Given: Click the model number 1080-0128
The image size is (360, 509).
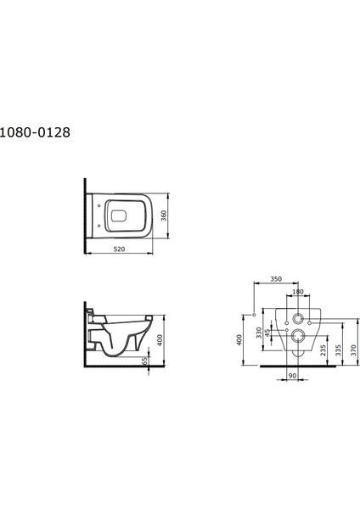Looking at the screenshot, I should pyautogui.click(x=35, y=132).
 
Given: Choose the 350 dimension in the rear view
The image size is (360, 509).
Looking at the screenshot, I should pyautogui.click(x=275, y=278).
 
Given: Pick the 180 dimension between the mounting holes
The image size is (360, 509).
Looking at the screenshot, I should pyautogui.click(x=297, y=292).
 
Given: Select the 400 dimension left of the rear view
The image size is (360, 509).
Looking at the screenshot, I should pyautogui.click(x=240, y=338).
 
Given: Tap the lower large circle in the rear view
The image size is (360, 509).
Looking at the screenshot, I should pyautogui.click(x=297, y=337).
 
